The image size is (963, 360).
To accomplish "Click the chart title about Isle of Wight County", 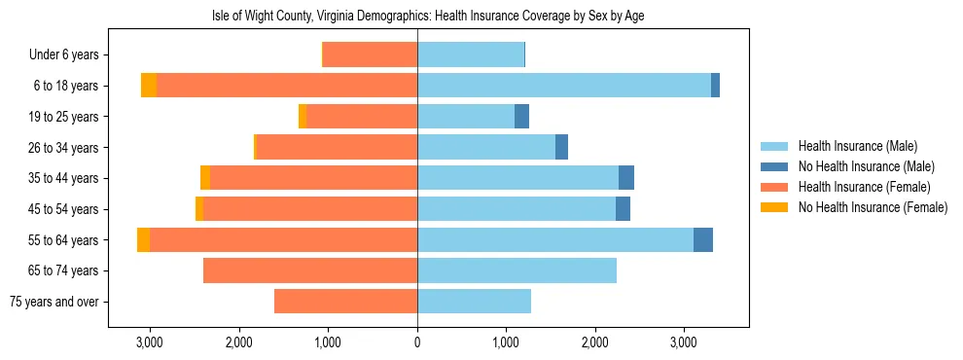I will (428, 16).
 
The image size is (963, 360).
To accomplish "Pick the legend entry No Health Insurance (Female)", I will (873, 207).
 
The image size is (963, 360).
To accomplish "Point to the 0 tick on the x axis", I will (417, 342).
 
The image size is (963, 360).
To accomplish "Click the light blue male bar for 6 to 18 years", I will (564, 86).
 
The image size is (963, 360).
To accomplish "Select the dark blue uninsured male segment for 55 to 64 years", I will (703, 240).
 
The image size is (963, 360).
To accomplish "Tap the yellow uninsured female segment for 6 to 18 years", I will (149, 86).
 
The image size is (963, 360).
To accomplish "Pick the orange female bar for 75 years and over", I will (345, 302).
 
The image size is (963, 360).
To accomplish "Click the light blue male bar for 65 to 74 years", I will (517, 270).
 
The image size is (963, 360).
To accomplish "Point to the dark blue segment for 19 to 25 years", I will (521, 117).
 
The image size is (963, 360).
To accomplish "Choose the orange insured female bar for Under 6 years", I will (370, 54).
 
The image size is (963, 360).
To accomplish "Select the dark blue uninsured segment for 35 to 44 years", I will (626, 178).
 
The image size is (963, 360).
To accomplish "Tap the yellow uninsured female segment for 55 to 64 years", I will (144, 240).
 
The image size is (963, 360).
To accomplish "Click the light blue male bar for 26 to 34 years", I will (486, 147).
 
